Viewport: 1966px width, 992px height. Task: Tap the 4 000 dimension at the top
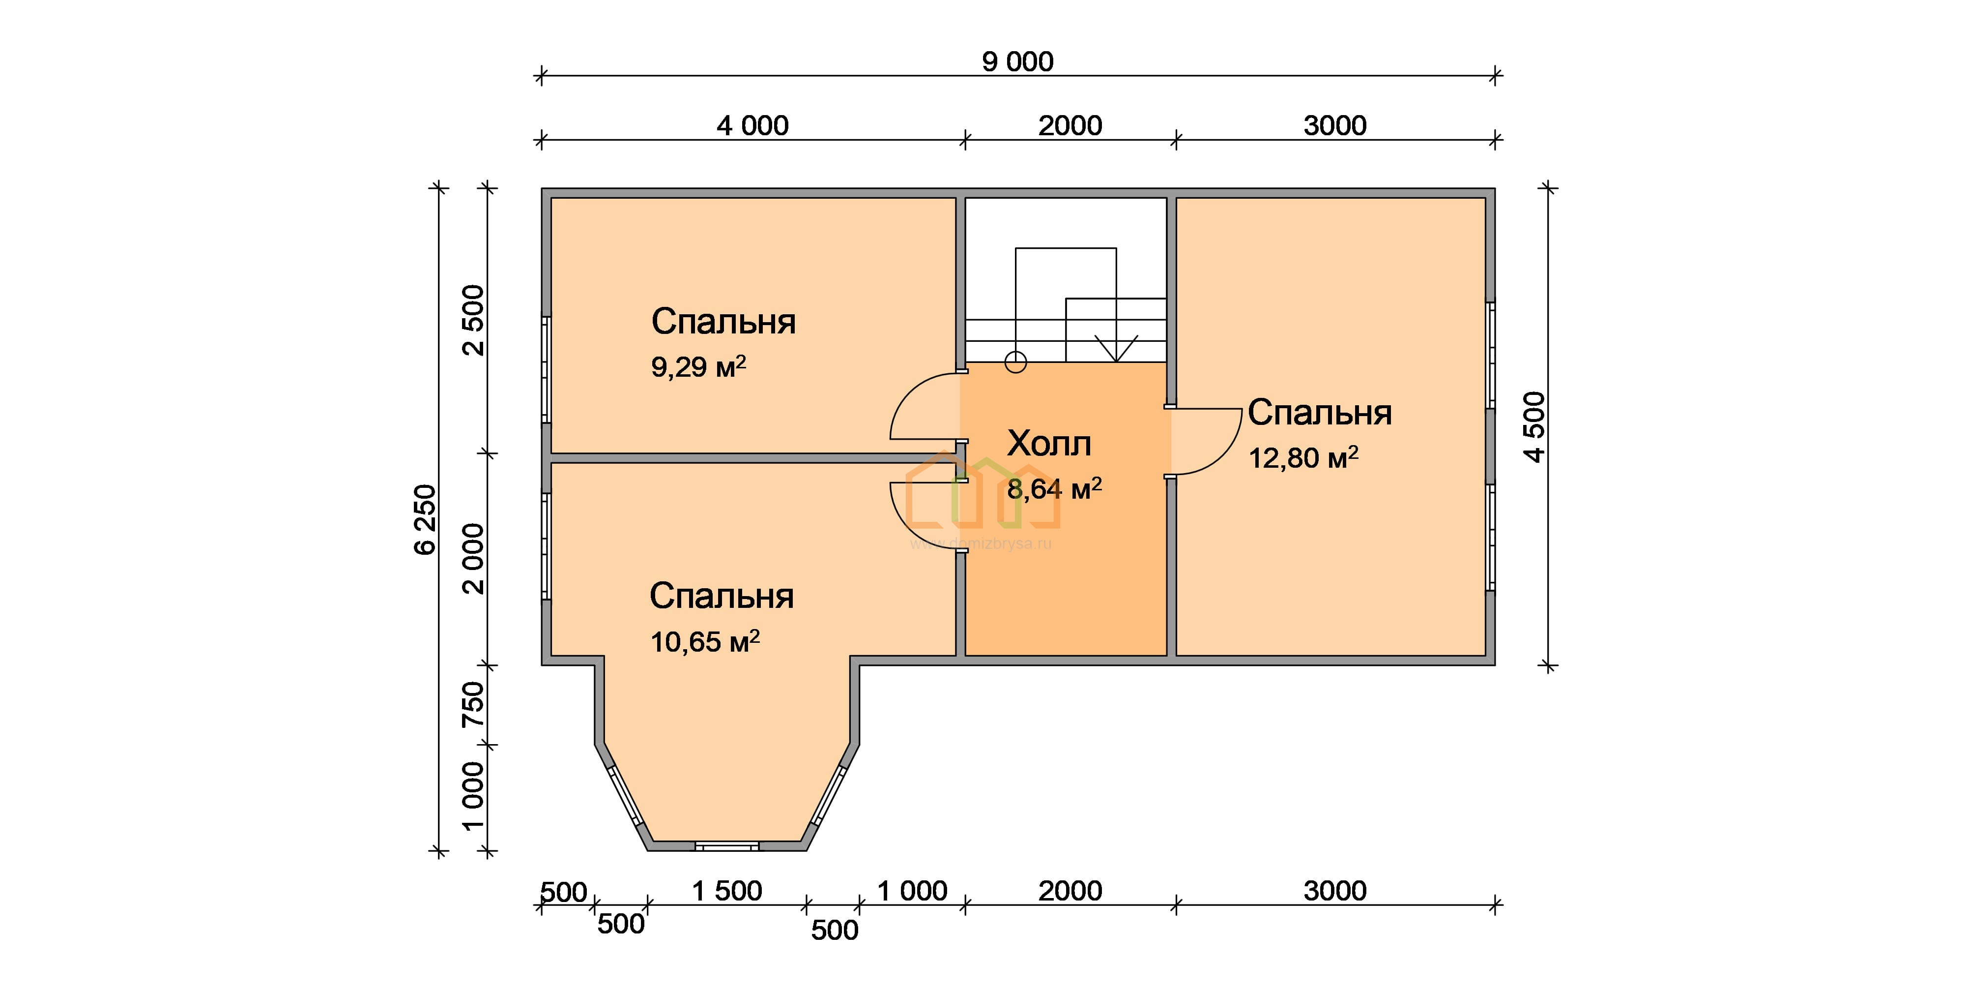[752, 126]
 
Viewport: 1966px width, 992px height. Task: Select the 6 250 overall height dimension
[425, 519]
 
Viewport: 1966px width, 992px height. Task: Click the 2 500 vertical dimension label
[474, 320]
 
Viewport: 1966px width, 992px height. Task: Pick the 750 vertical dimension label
[474, 704]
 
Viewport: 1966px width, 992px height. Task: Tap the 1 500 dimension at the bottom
[726, 891]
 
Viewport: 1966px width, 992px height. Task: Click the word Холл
[1049, 444]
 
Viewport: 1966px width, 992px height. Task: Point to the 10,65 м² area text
[704, 641]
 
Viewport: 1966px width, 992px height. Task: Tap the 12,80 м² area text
[1303, 457]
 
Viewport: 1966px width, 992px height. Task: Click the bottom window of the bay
[726, 846]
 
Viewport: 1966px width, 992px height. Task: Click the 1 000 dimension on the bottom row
[912, 891]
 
